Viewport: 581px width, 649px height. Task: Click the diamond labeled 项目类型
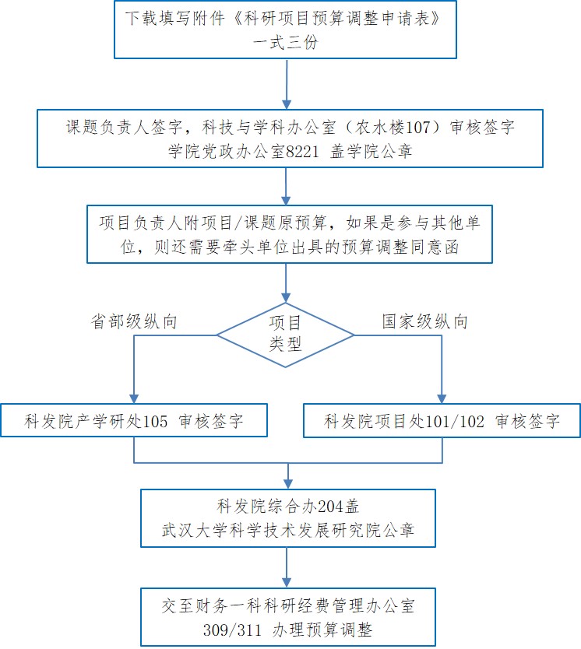(286, 334)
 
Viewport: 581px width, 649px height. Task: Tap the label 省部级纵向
(134, 321)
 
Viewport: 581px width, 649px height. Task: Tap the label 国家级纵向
(424, 321)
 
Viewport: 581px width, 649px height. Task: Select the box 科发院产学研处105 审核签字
(134, 422)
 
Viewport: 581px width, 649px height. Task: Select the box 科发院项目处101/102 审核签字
(442, 422)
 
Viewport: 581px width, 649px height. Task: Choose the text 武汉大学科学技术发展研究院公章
(287, 531)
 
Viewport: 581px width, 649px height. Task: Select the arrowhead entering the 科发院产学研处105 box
(134, 397)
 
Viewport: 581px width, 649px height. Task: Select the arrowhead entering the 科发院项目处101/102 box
(442, 397)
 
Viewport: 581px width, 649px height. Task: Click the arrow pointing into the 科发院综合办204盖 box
(289, 477)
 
